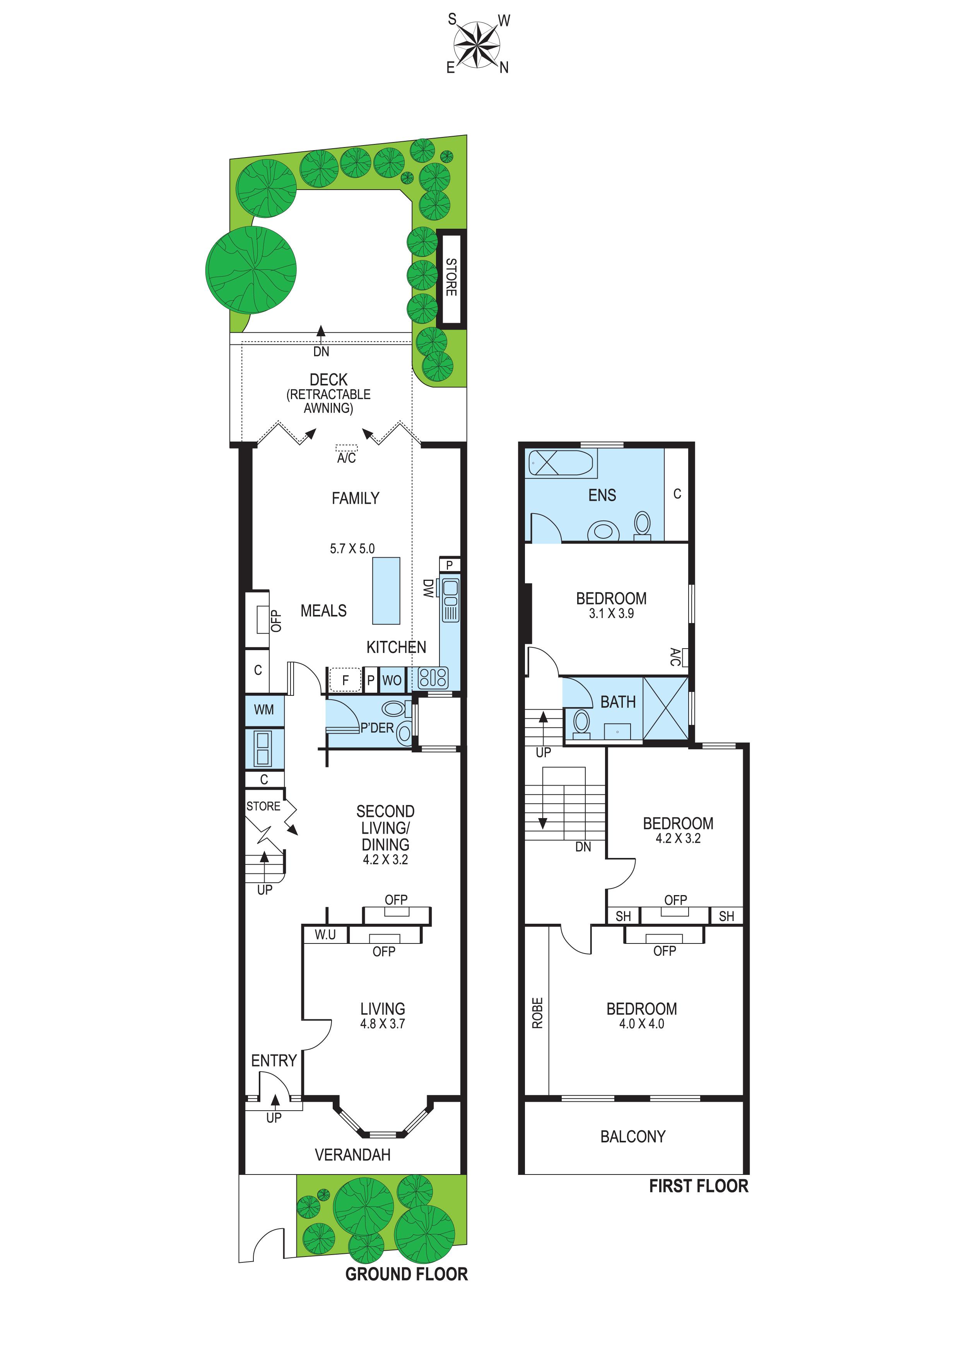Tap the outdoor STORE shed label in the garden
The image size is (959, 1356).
point(451,277)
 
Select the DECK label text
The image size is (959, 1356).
point(328,379)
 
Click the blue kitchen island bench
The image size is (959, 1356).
point(386,591)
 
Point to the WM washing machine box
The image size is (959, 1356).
point(264,710)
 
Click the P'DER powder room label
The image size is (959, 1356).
point(377,728)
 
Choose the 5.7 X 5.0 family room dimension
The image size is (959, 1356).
point(352,549)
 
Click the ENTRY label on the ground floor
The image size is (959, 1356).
point(274,1061)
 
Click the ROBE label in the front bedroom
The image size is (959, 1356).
point(537,1014)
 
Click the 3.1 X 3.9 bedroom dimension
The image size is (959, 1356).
point(611,614)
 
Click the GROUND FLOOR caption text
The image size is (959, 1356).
point(406,1274)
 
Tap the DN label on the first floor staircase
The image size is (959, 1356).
point(583,847)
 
